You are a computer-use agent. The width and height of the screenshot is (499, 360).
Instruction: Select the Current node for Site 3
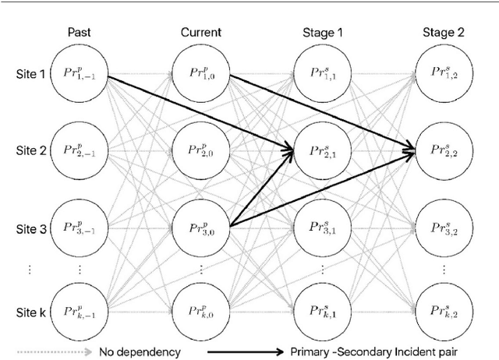(200, 229)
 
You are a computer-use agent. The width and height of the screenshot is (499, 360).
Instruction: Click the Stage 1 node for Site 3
(321, 229)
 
